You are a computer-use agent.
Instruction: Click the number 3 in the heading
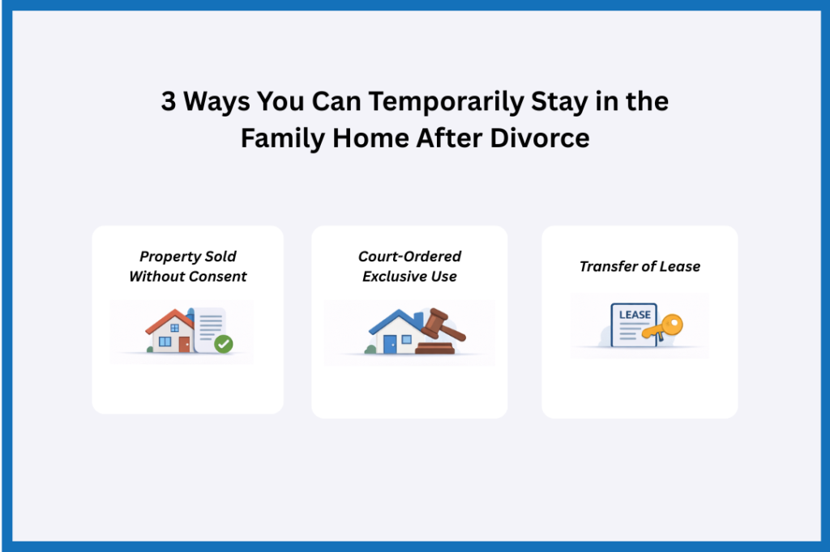(x=168, y=103)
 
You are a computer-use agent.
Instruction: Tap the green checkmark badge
(x=224, y=344)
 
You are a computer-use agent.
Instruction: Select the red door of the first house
(x=184, y=343)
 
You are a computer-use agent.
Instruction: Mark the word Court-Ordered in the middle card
(x=409, y=257)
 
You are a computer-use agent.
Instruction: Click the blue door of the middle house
(x=390, y=343)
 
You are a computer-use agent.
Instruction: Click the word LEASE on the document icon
(x=635, y=314)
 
